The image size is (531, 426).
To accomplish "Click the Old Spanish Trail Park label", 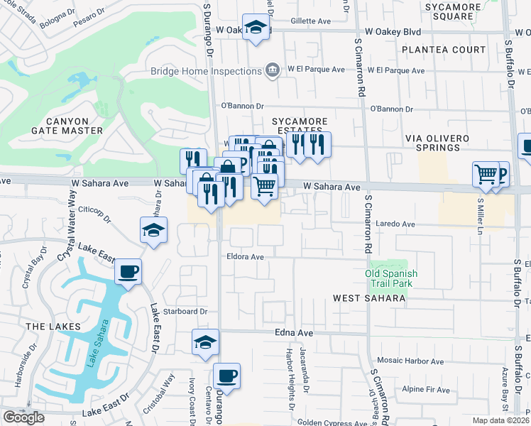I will click(x=391, y=278).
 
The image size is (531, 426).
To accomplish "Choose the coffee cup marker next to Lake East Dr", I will click(x=128, y=271).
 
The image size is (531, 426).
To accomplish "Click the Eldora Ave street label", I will click(x=245, y=257).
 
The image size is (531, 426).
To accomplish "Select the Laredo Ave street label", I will click(x=399, y=224).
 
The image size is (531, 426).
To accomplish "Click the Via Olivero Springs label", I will click(x=442, y=142).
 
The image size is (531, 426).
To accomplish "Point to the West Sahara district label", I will click(x=369, y=298).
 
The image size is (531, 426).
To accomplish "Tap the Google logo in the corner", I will click(x=23, y=417).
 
